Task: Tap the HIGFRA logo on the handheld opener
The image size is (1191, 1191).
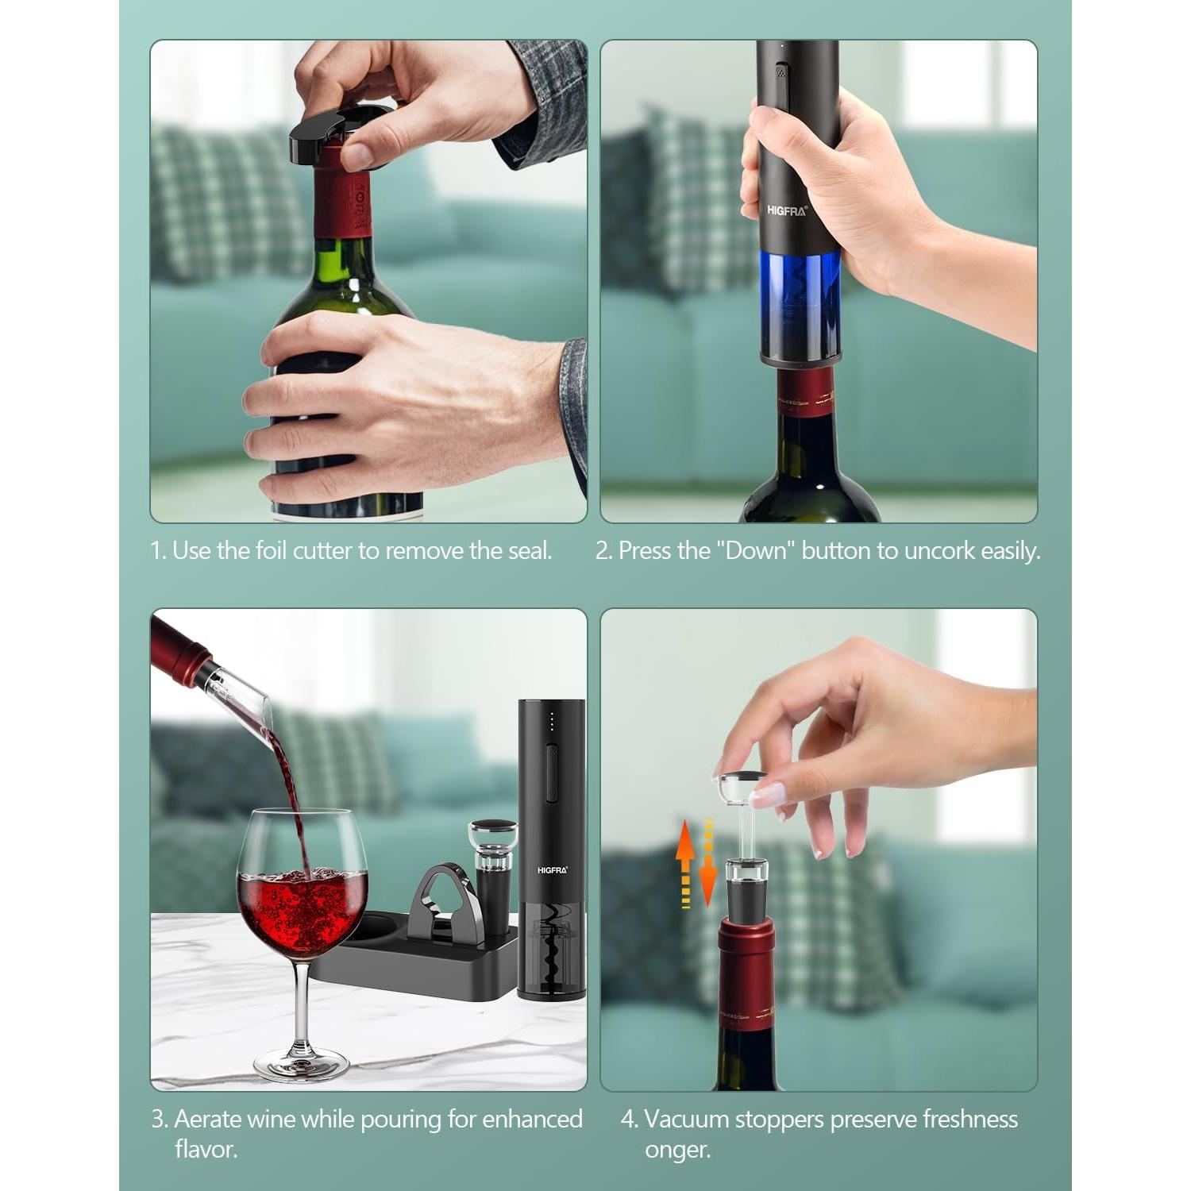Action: point(786,210)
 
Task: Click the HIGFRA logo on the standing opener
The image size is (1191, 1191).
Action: point(552,870)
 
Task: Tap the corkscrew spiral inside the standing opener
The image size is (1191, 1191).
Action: point(550,953)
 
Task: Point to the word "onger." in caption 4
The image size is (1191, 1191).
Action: point(677,1149)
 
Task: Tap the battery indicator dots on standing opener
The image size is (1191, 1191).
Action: point(553,723)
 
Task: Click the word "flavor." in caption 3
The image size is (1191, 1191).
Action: point(206,1149)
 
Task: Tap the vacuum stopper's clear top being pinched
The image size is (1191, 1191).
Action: point(742,786)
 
